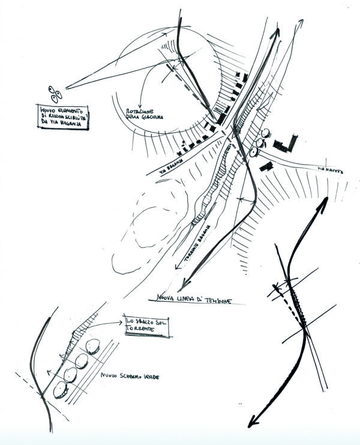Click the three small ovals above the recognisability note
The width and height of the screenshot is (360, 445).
click(x=54, y=94)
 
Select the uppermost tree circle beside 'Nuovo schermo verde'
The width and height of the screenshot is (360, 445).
click(x=92, y=347)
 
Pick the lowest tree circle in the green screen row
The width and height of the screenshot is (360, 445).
click(x=60, y=390)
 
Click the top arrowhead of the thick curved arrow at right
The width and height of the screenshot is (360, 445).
click(x=325, y=200)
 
